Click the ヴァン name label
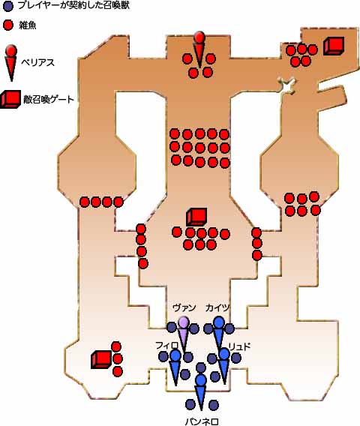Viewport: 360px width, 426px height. pyautogui.click(x=184, y=307)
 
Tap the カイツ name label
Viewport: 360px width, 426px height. pyautogui.click(x=217, y=307)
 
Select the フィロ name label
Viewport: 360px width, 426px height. pyautogui.click(x=166, y=346)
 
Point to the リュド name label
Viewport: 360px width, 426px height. pyautogui.click(x=239, y=346)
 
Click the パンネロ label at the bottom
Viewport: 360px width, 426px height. pyautogui.click(x=202, y=421)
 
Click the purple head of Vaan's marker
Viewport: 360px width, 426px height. pyautogui.click(x=184, y=322)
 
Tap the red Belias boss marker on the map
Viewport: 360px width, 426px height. pyautogui.click(x=199, y=49)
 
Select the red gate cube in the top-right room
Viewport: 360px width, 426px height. pyautogui.click(x=334, y=46)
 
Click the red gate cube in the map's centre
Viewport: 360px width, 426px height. pyautogui.click(x=196, y=217)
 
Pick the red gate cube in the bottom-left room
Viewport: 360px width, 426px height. pyautogui.click(x=101, y=359)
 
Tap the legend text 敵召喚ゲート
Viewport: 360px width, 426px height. pyautogui.click(x=48, y=100)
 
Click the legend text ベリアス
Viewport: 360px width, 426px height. pyautogui.click(x=37, y=63)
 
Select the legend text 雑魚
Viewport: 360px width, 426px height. pyautogui.click(x=28, y=25)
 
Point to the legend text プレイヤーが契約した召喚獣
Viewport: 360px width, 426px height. pyautogui.click(x=73, y=6)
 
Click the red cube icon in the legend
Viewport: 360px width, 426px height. pyautogui.click(x=10, y=100)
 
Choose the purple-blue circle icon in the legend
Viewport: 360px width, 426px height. pyautogui.click(x=8, y=7)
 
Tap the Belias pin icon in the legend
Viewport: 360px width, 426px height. pyautogui.click(x=11, y=63)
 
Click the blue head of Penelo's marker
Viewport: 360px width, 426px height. pyautogui.click(x=201, y=380)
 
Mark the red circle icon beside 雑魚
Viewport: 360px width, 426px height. pyautogui.click(x=8, y=25)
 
